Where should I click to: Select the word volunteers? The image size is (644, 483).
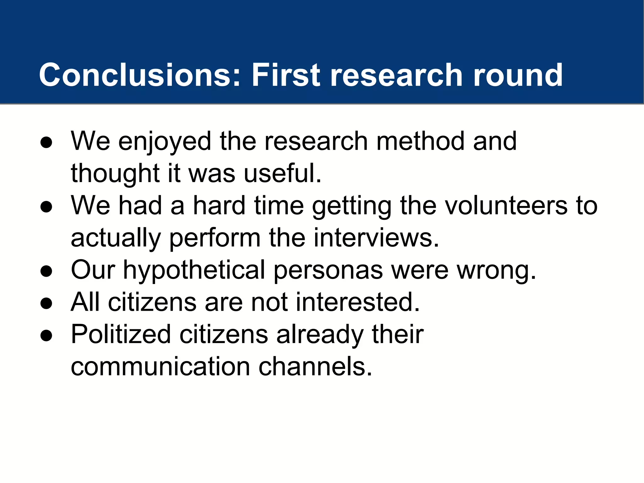pos(506,206)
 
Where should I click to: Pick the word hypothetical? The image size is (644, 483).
pos(194,270)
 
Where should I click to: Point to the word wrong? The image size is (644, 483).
pos(497,270)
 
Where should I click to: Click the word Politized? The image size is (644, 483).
pos(121,334)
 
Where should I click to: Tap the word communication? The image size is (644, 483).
pos(160,367)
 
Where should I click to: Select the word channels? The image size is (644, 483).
pos(315,367)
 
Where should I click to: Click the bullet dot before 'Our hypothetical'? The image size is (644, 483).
pos(46,271)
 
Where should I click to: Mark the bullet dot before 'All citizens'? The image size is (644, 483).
pos(46,303)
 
